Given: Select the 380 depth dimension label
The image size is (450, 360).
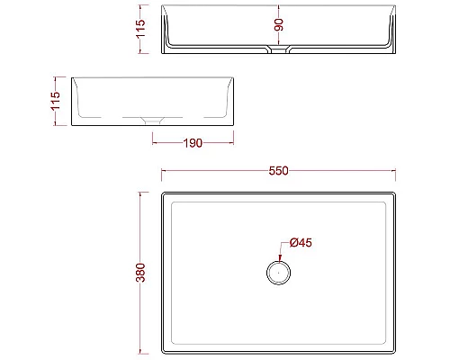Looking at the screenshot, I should (139, 274).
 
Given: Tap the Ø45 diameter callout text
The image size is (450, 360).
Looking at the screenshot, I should (301, 243).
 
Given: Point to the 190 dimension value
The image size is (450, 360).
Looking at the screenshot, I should (192, 142).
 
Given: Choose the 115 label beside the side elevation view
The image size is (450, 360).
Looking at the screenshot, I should (56, 99).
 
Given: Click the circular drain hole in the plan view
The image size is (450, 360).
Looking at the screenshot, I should (278, 271).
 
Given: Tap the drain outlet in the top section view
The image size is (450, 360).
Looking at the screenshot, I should (279, 52).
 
